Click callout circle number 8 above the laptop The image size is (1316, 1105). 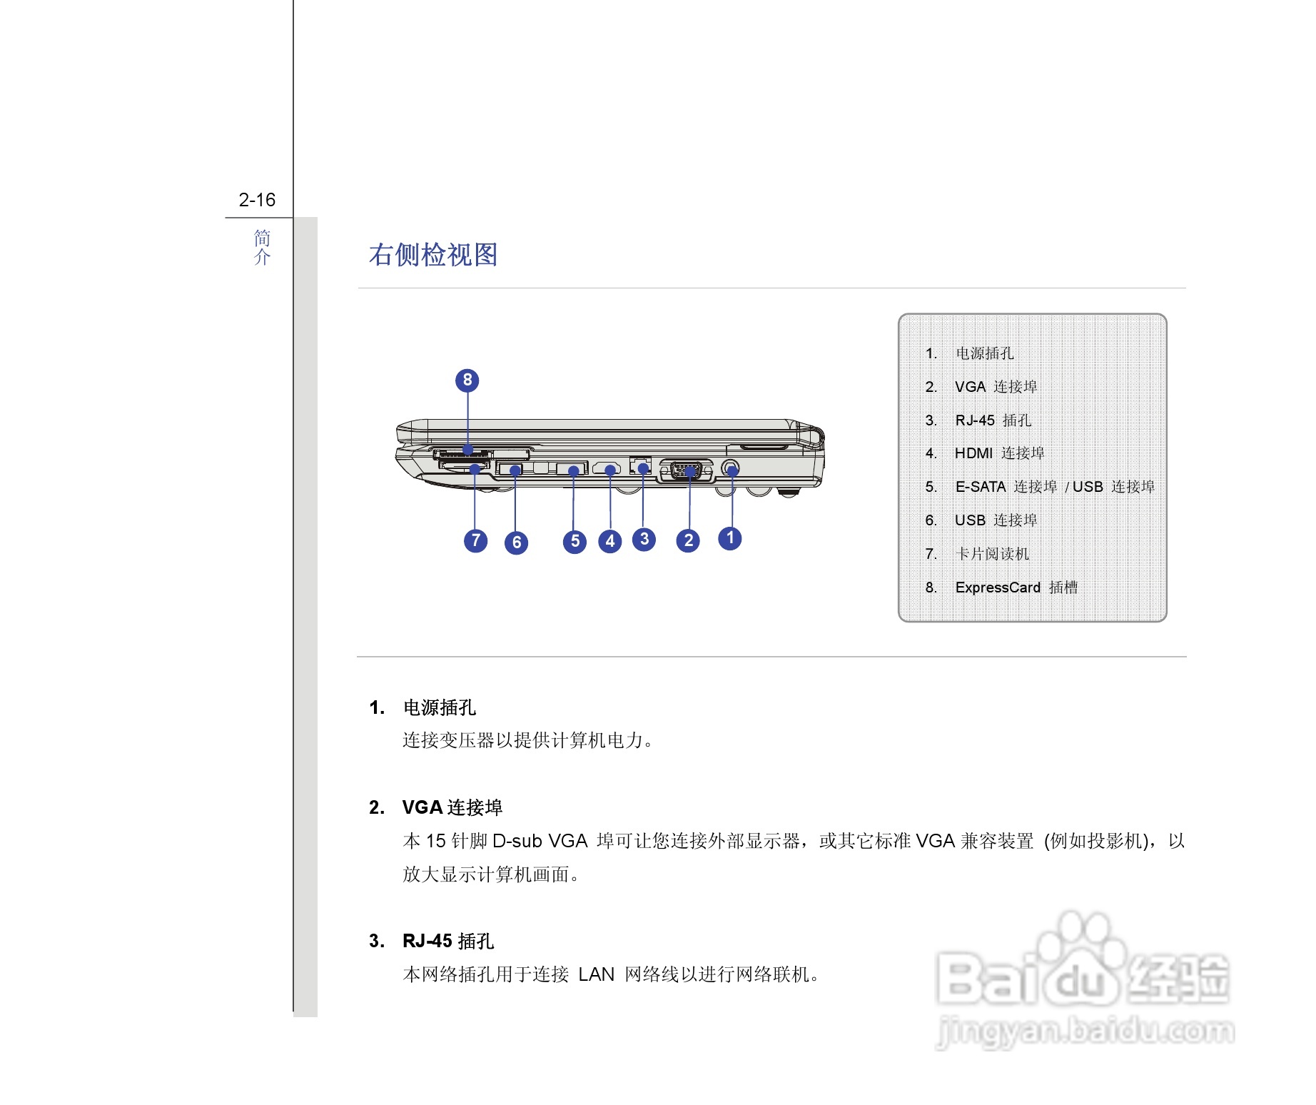(x=467, y=380)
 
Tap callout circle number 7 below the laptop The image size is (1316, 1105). (x=475, y=540)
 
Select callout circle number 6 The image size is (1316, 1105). (x=516, y=543)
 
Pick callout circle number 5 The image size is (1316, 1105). (x=575, y=542)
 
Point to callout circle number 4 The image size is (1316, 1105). (x=609, y=541)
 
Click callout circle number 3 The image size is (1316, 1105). (x=644, y=539)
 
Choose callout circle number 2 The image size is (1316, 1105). (x=688, y=540)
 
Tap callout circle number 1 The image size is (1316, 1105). (x=729, y=538)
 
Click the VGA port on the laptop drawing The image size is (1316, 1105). (x=687, y=470)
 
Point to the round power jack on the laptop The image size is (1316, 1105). (x=731, y=468)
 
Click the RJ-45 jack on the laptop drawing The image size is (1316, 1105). (x=641, y=465)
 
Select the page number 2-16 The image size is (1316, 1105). (x=257, y=200)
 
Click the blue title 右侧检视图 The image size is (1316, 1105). (x=433, y=255)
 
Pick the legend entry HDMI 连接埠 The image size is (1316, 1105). (x=999, y=453)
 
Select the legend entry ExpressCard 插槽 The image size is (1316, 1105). (x=1016, y=587)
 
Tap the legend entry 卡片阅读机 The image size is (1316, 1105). (x=992, y=554)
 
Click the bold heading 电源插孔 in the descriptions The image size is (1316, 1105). (x=440, y=707)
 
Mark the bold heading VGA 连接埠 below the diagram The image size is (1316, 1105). (x=452, y=807)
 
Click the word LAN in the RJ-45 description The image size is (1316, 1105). (x=596, y=974)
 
